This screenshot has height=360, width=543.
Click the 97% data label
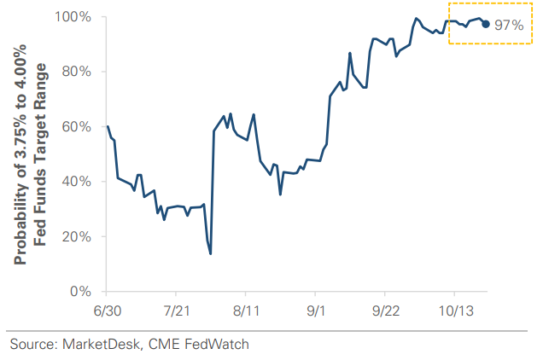click(509, 25)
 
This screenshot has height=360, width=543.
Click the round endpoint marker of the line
click(486, 24)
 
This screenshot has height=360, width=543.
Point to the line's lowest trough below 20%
click(210, 253)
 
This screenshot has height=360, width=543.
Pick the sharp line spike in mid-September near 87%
click(350, 53)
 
